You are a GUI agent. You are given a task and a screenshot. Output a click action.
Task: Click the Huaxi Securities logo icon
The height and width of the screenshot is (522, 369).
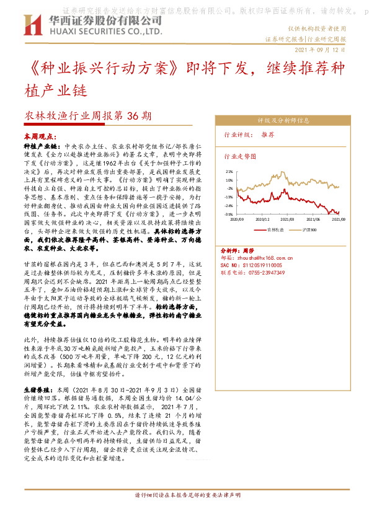click(32, 25)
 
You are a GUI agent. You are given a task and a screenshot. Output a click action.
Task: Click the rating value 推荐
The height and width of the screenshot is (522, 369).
click(268, 135)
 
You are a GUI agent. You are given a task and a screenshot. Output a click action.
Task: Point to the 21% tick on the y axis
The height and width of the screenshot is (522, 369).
click(229, 172)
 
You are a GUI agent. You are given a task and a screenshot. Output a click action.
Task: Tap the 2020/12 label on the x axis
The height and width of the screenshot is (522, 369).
click(262, 219)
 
